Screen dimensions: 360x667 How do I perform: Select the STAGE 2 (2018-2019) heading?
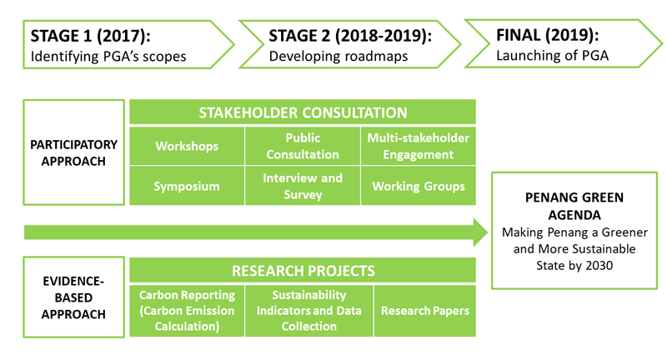[350, 36]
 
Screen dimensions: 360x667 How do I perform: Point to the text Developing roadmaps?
[326, 57]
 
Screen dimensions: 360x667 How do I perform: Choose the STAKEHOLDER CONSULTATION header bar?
[303, 112]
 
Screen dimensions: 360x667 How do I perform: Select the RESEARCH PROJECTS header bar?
[303, 271]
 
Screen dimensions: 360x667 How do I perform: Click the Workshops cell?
[187, 146]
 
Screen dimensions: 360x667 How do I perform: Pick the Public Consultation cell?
[303, 146]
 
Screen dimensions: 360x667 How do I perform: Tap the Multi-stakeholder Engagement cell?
[419, 146]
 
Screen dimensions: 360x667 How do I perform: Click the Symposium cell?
[187, 186]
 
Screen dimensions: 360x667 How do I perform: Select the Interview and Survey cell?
[303, 186]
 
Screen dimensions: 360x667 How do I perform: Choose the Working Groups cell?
[419, 186]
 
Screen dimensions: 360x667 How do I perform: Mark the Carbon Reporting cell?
[187, 311]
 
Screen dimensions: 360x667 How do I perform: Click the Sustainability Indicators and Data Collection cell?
[308, 311]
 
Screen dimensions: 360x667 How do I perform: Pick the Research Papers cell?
[425, 311]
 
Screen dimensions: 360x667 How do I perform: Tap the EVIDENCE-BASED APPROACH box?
[74, 297]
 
